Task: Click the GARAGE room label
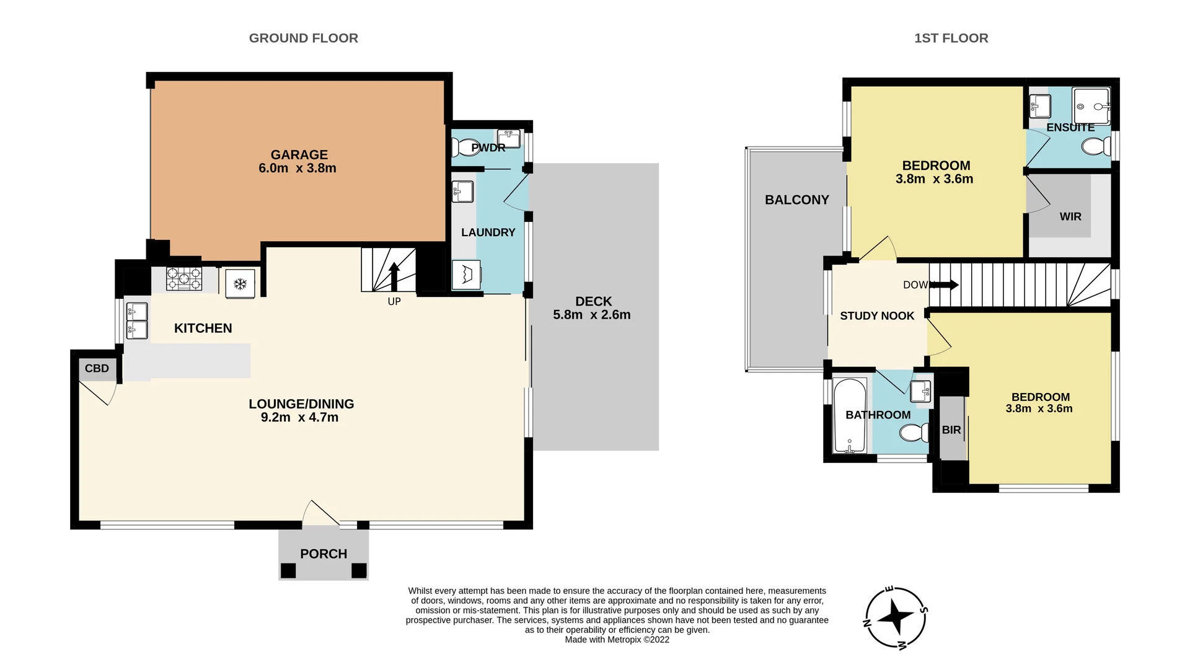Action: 299,155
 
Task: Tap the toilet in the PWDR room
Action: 463,148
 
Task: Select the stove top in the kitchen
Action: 184,278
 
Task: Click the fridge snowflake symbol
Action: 240,285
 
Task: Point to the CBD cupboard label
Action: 97,369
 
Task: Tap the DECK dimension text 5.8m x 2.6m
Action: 591,315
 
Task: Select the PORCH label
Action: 324,554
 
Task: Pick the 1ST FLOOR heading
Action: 951,38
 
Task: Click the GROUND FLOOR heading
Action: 303,38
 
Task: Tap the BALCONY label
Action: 796,200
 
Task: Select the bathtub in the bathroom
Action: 850,415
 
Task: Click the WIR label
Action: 1070,217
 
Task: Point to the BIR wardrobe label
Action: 951,430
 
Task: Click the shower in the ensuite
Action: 1091,106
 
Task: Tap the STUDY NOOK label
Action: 876,316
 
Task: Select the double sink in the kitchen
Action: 137,320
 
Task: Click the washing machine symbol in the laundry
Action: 466,275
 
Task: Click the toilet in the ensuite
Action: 1096,147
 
